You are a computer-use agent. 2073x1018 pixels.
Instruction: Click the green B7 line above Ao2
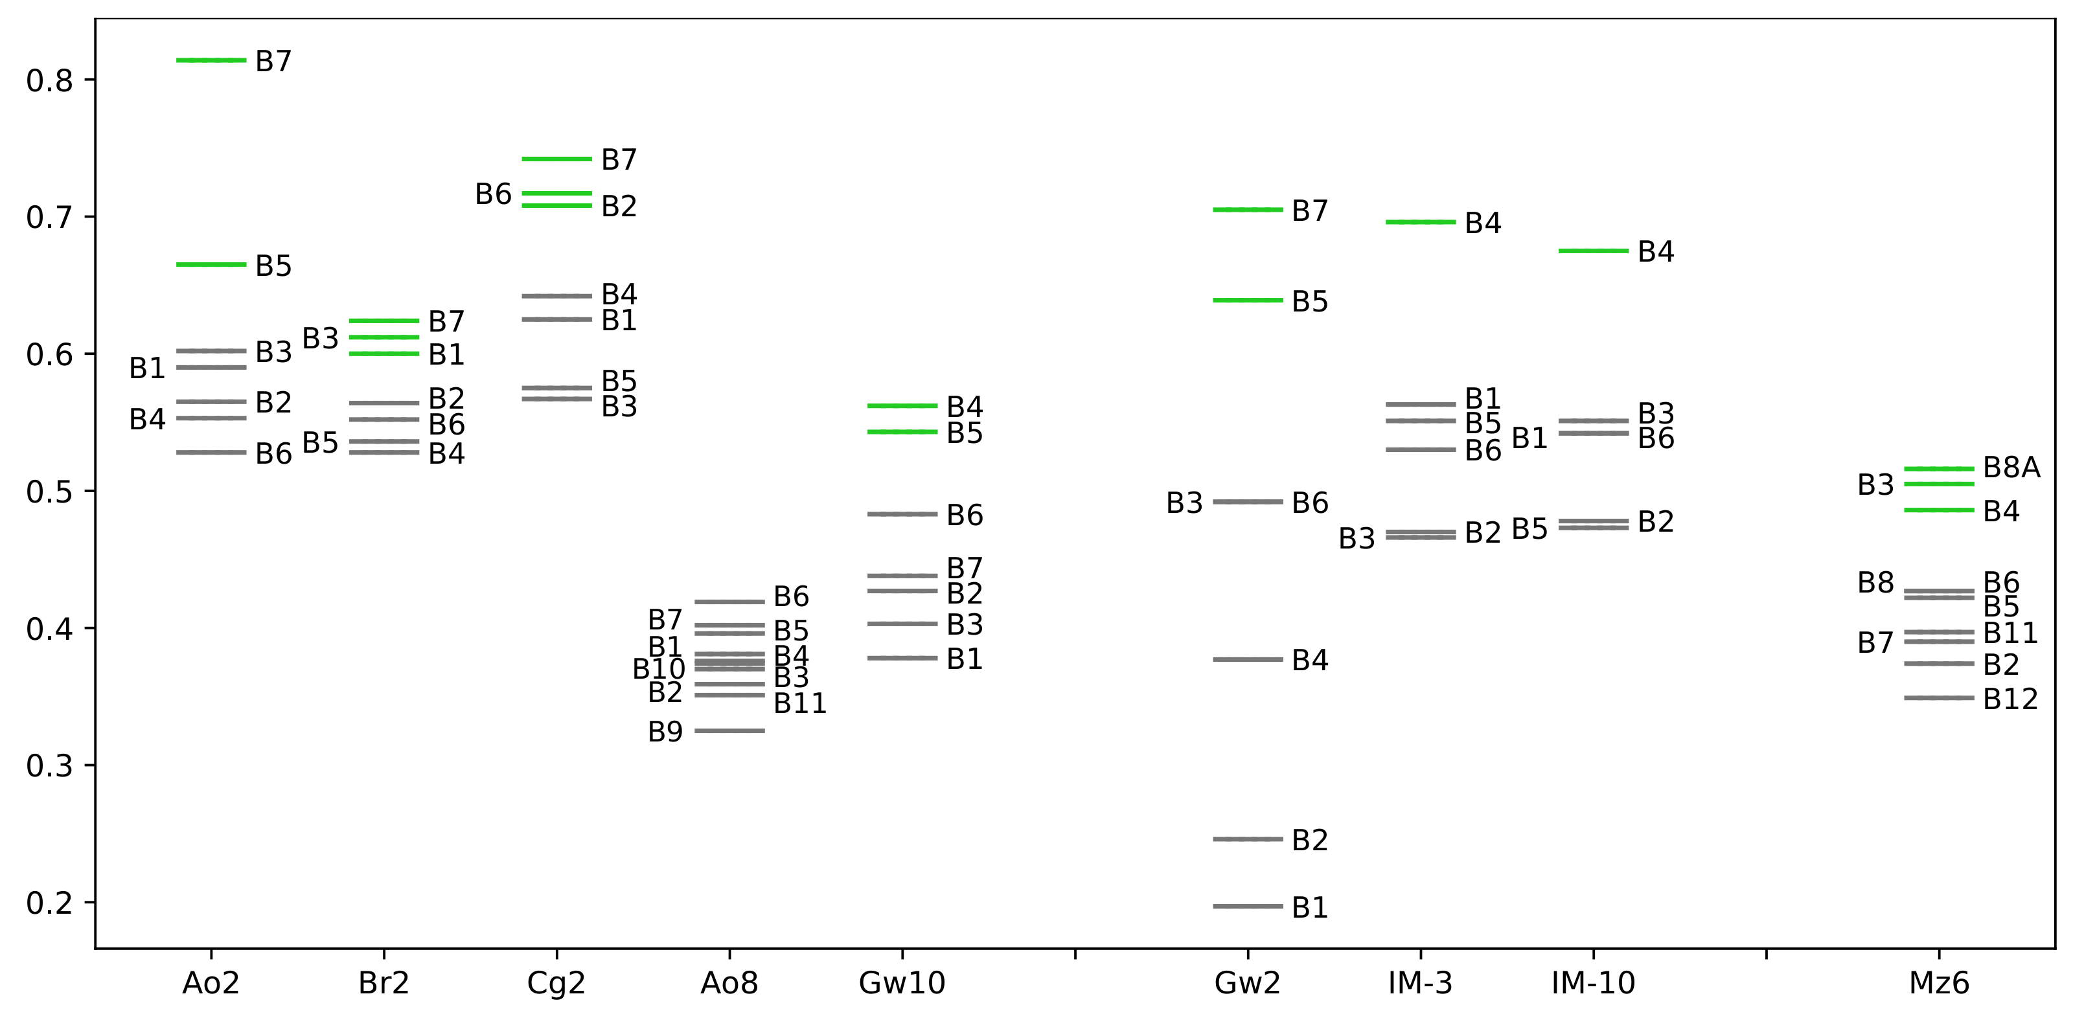coord(211,60)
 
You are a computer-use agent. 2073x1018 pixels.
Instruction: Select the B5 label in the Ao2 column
coord(273,266)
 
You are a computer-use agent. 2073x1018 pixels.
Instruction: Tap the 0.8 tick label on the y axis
coord(49,80)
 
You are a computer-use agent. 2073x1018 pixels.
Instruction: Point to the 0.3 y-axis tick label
coord(49,766)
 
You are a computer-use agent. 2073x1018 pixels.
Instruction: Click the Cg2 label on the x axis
coord(556,982)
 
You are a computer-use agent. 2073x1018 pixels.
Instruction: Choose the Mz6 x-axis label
coord(1939,982)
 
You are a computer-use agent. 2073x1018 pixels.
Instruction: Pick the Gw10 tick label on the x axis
coord(901,982)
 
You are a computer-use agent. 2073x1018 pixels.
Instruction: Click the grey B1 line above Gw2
coord(1247,906)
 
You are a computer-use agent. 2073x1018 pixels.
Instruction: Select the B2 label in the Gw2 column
coord(1309,840)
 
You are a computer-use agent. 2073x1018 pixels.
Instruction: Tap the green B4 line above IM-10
coord(1594,251)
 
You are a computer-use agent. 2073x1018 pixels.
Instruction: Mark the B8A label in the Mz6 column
coord(2011,468)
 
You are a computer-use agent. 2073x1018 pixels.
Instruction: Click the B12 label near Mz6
coord(2010,699)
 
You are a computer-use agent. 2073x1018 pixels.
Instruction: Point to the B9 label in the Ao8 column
coord(665,732)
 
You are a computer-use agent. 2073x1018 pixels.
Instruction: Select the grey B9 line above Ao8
coord(729,730)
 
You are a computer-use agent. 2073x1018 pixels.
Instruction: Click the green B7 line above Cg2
coord(556,159)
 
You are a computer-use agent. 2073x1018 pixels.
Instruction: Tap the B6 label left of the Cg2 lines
coord(492,194)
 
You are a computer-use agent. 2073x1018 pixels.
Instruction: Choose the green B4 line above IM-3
coord(1421,222)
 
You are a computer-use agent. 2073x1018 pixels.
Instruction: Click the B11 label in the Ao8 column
coord(800,703)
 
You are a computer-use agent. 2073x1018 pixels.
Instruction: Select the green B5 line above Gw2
coord(1247,300)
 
